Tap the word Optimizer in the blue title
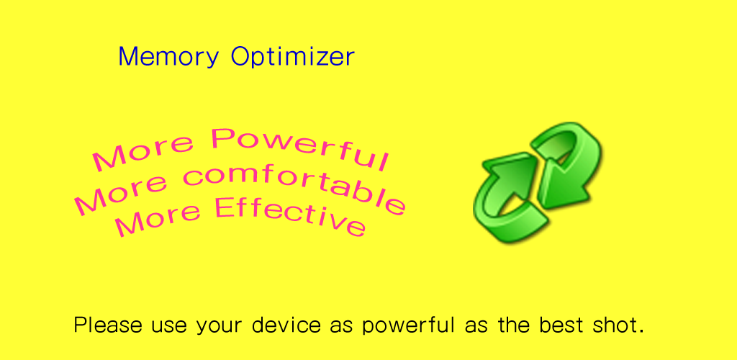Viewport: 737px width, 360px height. [x=293, y=57]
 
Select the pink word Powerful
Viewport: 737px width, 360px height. [x=300, y=147]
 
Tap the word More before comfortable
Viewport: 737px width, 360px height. [x=121, y=197]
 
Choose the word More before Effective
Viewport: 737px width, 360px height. [x=158, y=219]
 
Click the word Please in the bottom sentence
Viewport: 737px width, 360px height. [x=108, y=325]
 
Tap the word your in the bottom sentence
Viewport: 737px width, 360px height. [x=220, y=328]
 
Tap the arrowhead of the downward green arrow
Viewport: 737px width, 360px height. [x=561, y=186]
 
